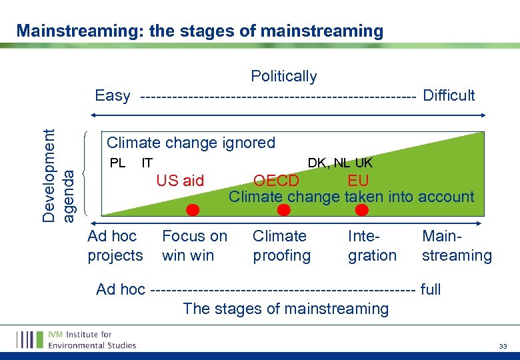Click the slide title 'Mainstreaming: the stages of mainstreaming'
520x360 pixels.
coord(200,31)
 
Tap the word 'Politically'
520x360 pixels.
coord(283,76)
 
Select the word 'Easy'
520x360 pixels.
coord(113,95)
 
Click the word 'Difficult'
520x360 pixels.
coord(449,95)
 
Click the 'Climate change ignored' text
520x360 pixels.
coord(191,142)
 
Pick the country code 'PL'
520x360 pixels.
coord(117,162)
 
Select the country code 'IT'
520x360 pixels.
coord(147,162)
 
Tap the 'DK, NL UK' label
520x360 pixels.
coord(340,162)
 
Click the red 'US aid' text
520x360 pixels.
coord(180,180)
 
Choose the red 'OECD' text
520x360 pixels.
coord(276,181)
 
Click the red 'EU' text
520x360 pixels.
coord(358,181)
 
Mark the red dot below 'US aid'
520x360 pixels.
coord(193,210)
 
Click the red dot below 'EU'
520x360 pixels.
coord(362,210)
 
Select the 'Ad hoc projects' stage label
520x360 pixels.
coord(115,245)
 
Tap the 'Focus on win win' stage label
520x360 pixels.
coord(195,245)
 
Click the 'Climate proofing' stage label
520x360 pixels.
coord(281,245)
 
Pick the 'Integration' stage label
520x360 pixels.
coord(372,245)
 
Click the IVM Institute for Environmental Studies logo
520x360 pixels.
coord(77,339)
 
